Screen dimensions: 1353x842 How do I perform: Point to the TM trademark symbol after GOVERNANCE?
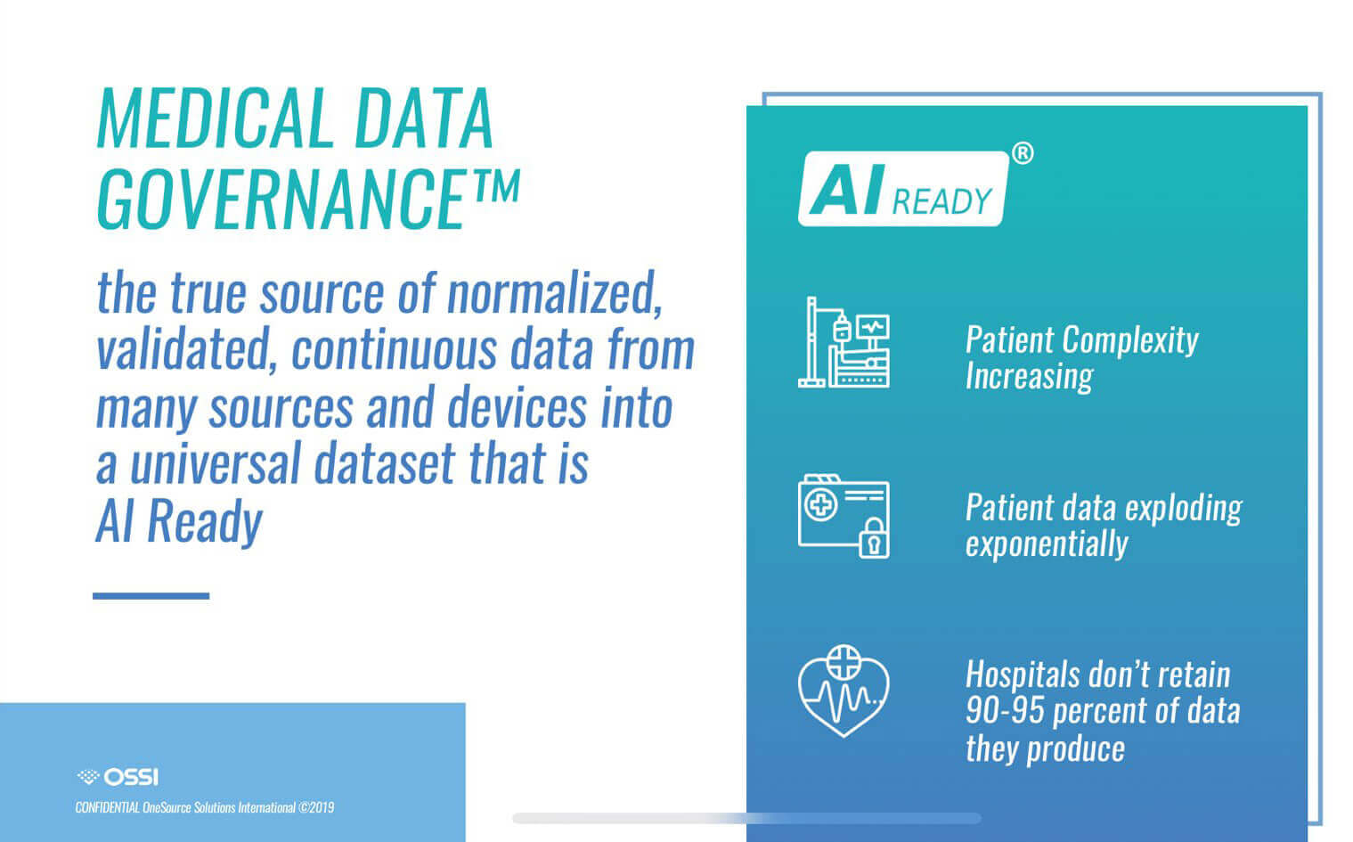tap(495, 185)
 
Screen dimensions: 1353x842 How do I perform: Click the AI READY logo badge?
tap(903, 189)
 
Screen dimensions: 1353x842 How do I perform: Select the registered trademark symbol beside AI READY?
tap(1022, 153)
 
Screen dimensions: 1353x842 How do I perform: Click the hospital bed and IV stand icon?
tap(844, 342)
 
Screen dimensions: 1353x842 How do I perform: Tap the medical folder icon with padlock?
tap(844, 517)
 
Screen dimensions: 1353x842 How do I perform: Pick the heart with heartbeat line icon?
tap(844, 691)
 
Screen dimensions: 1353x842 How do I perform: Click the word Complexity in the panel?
tap(1130, 340)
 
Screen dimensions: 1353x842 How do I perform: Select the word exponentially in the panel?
tap(1047, 544)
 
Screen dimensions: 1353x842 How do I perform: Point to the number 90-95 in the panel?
tap(1005, 710)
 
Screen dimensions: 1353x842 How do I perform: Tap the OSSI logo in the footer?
tap(118, 777)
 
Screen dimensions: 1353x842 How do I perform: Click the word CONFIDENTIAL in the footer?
tap(108, 807)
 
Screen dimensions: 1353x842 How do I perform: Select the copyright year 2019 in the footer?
tap(321, 807)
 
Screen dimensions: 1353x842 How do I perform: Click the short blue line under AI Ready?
tap(151, 596)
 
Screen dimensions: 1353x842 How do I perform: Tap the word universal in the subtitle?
tap(216, 464)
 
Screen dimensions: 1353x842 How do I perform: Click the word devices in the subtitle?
tap(517, 407)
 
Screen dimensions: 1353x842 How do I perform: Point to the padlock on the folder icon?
tap(874, 539)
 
